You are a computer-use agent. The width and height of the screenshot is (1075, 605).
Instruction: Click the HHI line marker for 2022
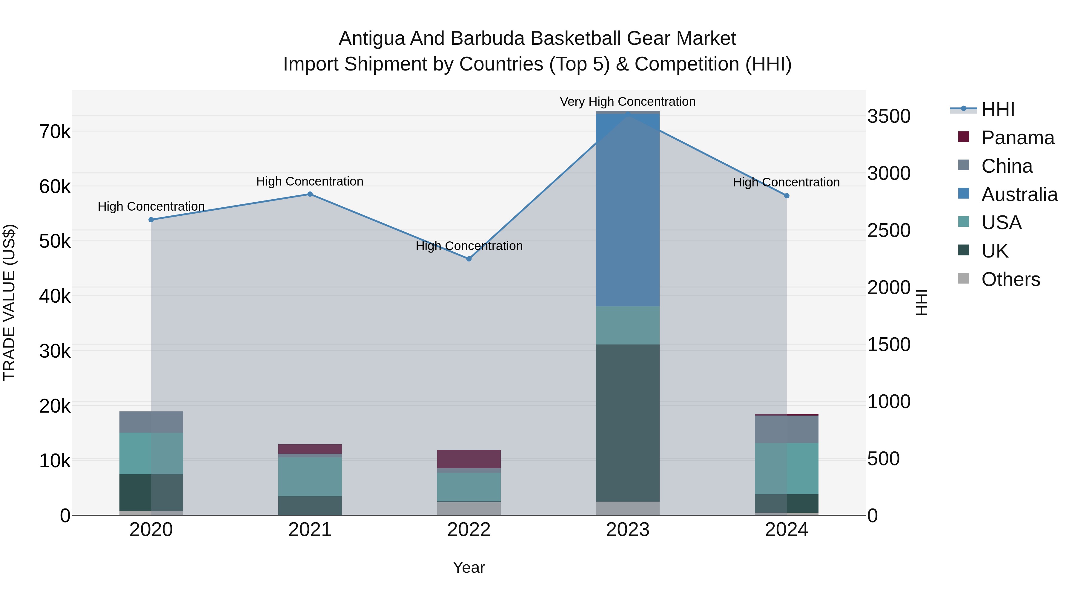point(469,259)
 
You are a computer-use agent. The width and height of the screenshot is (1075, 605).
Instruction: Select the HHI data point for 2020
point(151,220)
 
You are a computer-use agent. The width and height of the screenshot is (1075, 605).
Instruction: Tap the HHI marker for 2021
point(310,194)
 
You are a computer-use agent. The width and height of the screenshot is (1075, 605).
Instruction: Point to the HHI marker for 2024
point(787,196)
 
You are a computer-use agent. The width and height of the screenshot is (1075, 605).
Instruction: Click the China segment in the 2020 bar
point(151,422)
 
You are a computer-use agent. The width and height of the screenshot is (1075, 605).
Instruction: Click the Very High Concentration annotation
point(628,102)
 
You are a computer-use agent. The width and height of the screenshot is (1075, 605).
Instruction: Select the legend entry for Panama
point(1017,138)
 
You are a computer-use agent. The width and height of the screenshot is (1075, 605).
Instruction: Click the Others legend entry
point(1010,279)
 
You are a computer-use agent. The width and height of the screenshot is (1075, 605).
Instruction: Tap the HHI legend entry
point(997,109)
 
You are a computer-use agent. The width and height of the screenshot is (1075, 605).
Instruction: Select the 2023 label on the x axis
point(628,530)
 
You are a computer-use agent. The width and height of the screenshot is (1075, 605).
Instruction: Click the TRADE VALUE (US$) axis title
point(9,302)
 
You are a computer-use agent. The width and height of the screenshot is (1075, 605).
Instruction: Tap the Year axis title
point(469,567)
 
